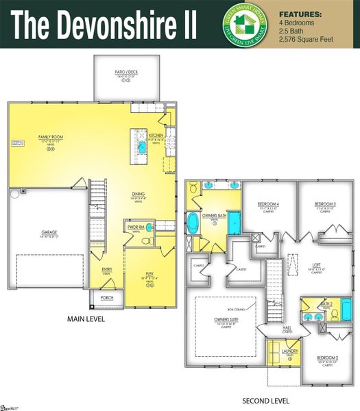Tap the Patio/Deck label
coord(127,71)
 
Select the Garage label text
coord(49,232)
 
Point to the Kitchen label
coord(156,136)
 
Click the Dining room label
coord(138,194)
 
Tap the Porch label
coord(107,298)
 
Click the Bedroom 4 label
coord(268,204)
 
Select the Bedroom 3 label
coord(324,204)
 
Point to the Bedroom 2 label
coord(327,357)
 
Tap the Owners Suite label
coord(222,319)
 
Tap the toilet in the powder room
coord(145,241)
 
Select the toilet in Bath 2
coord(335,315)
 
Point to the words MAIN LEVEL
coord(85,319)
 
